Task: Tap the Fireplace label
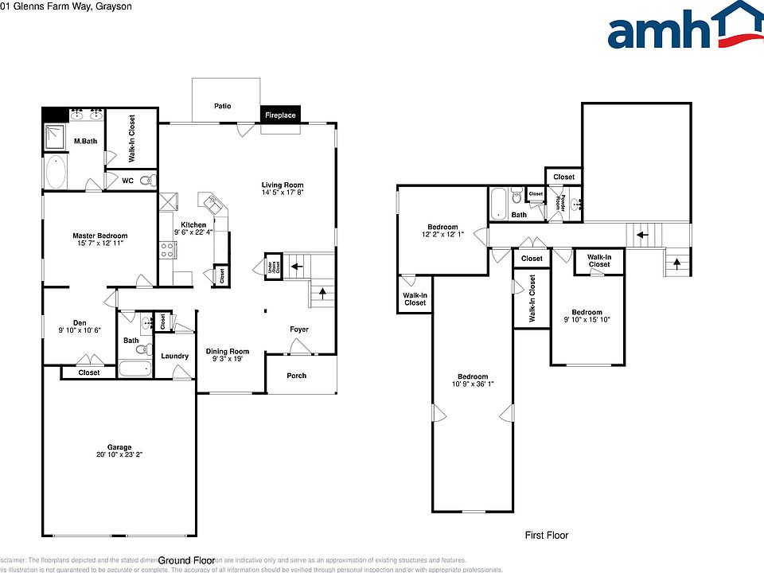(280, 115)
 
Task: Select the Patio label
(222, 106)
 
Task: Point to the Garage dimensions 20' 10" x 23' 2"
(119, 455)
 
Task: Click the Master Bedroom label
(99, 236)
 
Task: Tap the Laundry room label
(175, 356)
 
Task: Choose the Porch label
(297, 376)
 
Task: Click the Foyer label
(298, 329)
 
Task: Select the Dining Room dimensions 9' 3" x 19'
(228, 360)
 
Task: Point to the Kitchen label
(193, 225)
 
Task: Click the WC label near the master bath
(127, 181)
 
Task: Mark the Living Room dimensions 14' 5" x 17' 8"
(283, 193)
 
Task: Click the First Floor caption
(546, 536)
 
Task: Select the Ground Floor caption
(187, 560)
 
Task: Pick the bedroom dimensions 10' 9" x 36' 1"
(472, 385)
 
